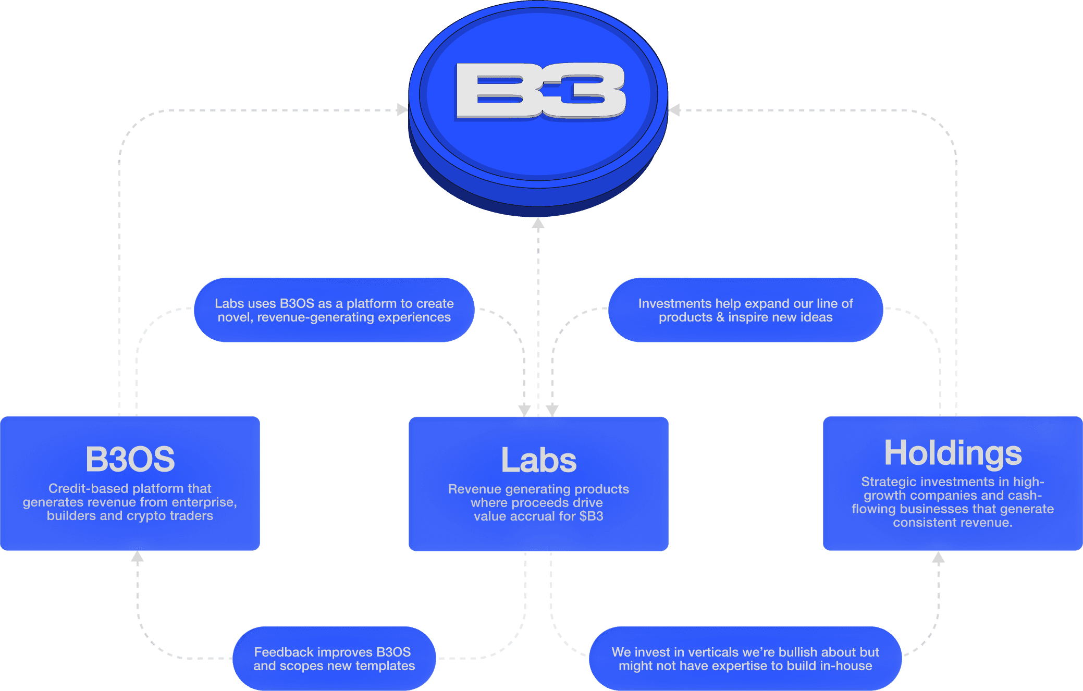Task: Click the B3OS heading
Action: (130, 459)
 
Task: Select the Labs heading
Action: (538, 460)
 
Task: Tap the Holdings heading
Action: (953, 453)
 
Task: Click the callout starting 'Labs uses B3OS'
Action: (334, 310)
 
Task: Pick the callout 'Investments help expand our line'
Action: (745, 310)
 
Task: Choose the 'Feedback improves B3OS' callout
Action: (334, 659)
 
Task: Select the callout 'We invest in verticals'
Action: (745, 659)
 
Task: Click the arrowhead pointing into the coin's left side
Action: (402, 110)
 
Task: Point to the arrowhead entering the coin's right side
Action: (674, 110)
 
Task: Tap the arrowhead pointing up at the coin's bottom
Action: (538, 224)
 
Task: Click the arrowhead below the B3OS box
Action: (137, 557)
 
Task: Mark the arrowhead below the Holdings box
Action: (938, 558)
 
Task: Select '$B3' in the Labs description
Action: (591, 516)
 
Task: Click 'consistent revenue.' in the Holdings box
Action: (953, 523)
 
